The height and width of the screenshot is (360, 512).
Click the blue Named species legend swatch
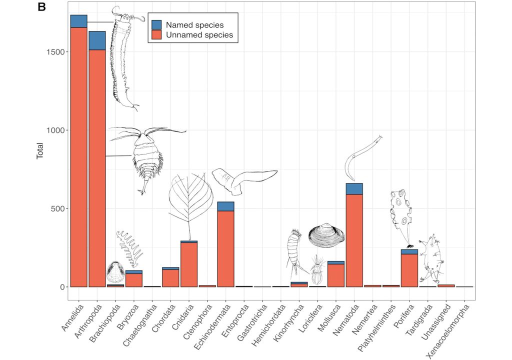click(x=156, y=24)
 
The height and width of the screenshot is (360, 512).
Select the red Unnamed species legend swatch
click(x=156, y=35)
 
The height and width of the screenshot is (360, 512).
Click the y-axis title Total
click(x=40, y=151)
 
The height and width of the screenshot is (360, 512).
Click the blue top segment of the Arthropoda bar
click(x=97, y=40)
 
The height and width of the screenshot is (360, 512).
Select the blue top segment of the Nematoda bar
click(x=354, y=188)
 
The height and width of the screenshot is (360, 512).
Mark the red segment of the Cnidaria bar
click(x=189, y=264)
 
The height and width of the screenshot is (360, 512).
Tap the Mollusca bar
click(x=335, y=274)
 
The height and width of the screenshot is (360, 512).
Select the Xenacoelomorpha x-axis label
click(x=450, y=325)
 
